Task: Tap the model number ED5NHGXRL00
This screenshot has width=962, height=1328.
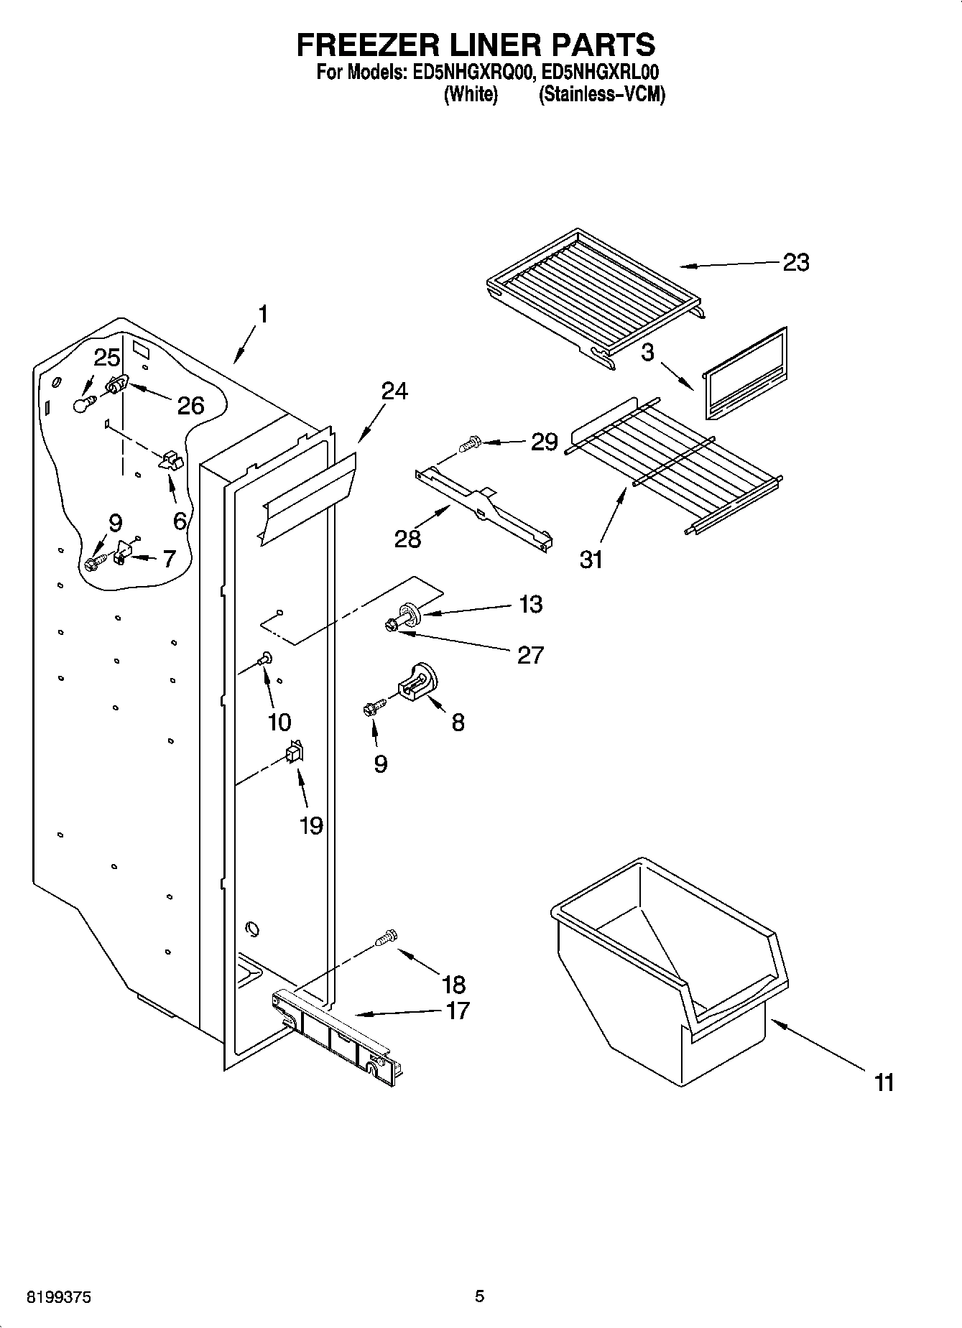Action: pyautogui.click(x=601, y=73)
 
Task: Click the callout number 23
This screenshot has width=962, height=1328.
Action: pyautogui.click(x=795, y=263)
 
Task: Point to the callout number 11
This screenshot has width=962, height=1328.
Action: pyautogui.click(x=884, y=1082)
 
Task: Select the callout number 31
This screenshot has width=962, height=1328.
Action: pyautogui.click(x=591, y=559)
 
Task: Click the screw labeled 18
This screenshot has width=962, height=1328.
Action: pyautogui.click(x=387, y=937)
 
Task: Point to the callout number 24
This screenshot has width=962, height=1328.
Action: pyautogui.click(x=394, y=391)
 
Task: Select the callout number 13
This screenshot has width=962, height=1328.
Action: pyautogui.click(x=530, y=605)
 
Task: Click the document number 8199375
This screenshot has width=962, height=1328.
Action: pyautogui.click(x=60, y=1297)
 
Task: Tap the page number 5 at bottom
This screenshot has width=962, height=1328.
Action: pyautogui.click(x=480, y=1296)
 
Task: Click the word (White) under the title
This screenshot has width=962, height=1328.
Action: pyautogui.click(x=471, y=94)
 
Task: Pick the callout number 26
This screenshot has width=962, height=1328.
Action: pyautogui.click(x=190, y=406)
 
